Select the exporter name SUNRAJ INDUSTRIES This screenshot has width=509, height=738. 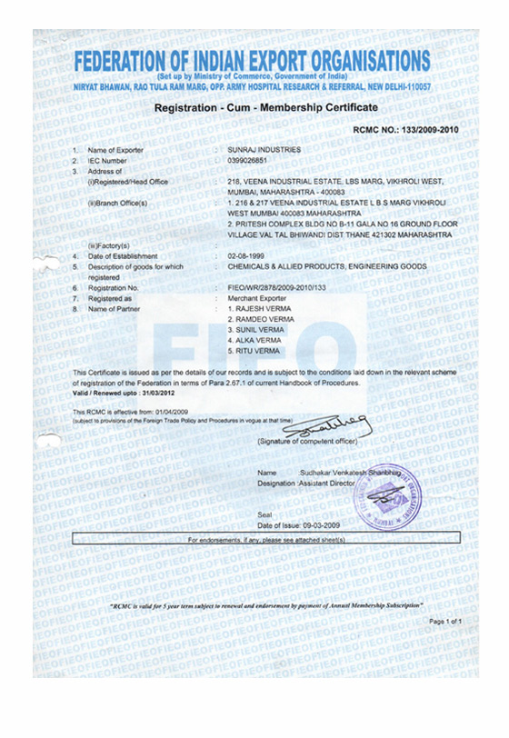click(x=264, y=149)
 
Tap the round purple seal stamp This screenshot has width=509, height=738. click(x=392, y=495)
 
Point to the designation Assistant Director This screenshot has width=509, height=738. click(x=331, y=484)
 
